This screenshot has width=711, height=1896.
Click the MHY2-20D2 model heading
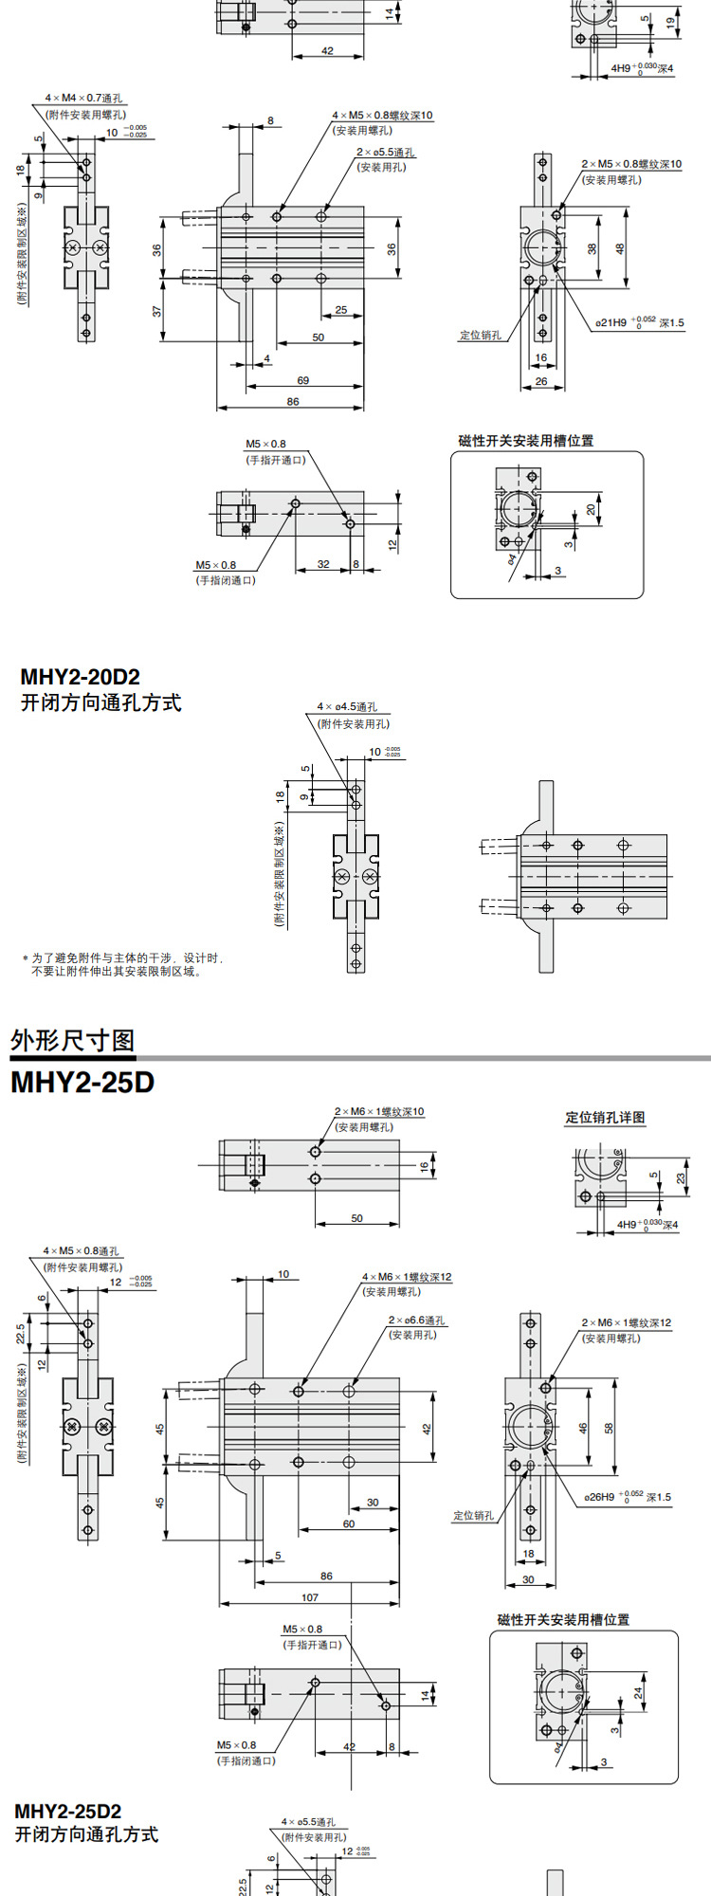[x=81, y=677]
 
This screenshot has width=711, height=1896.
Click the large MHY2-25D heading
[x=82, y=1083]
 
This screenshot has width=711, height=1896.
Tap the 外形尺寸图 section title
[x=73, y=1040]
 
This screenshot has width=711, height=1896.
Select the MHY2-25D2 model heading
[x=68, y=1811]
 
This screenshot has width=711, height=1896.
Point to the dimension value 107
[x=310, y=1597]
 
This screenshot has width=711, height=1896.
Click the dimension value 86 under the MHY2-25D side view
[x=326, y=1576]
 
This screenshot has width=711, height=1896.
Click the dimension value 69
[x=303, y=380]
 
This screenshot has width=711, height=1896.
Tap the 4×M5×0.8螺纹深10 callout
[x=382, y=116]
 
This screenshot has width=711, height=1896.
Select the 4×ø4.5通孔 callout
[x=347, y=706]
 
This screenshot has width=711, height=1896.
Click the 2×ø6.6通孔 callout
[x=416, y=1320]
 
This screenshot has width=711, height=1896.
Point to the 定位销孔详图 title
[x=605, y=1118]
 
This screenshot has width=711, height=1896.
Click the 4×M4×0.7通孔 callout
[x=83, y=98]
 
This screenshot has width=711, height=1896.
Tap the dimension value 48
[x=621, y=248]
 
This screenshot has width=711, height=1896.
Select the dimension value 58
[x=610, y=1427]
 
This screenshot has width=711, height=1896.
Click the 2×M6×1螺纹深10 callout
[x=379, y=1111]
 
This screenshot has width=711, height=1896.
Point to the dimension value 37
[x=157, y=311]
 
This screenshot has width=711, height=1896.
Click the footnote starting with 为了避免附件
[x=123, y=964]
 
